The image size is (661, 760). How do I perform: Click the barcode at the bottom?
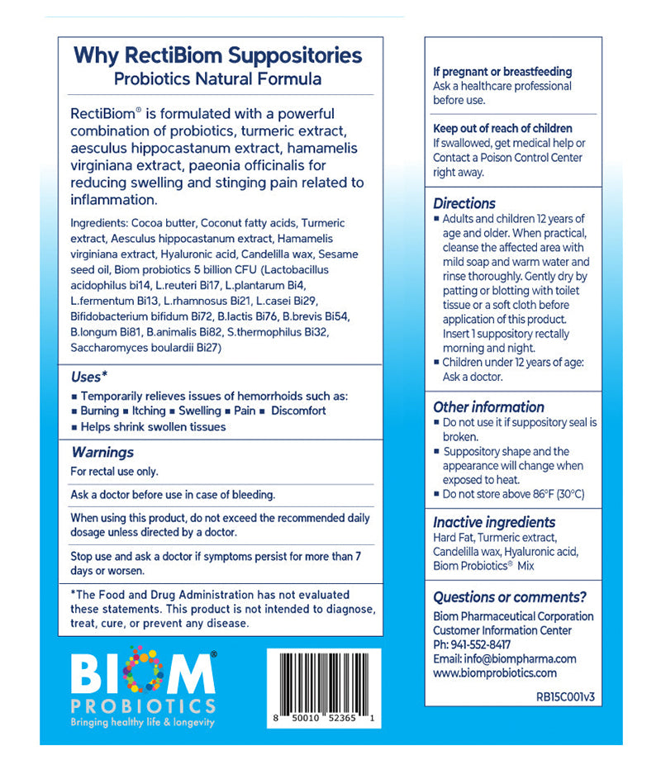[324, 681]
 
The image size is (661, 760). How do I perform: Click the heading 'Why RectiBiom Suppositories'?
[218, 56]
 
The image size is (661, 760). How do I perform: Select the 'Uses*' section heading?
[89, 377]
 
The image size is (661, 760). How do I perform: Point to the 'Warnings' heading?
[102, 452]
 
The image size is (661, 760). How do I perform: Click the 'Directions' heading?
[464, 203]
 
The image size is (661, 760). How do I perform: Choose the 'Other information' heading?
[488, 406]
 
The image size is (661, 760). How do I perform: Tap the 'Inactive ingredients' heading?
[494, 522]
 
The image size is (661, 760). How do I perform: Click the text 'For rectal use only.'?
[115, 472]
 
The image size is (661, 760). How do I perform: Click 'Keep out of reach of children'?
[502, 128]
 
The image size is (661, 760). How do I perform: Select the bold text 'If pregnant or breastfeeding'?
[502, 72]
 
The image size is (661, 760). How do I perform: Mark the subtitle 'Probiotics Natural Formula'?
[218, 80]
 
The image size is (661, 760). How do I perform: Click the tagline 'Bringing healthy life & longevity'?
[142, 722]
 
